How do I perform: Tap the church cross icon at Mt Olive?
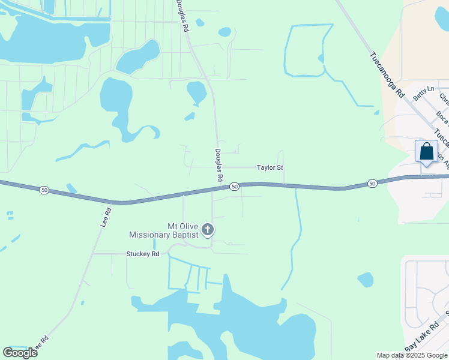pyautogui.click(x=208, y=229)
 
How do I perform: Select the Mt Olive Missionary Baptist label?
pyautogui.click(x=165, y=230)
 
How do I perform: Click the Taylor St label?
pyautogui.click(x=270, y=168)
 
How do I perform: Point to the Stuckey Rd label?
pyautogui.click(x=142, y=254)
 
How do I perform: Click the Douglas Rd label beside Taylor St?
pyautogui.click(x=218, y=166)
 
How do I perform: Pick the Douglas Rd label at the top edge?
pyautogui.click(x=182, y=16)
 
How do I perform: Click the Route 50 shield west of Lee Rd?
pyautogui.click(x=44, y=190)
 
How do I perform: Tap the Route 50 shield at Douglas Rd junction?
pyautogui.click(x=234, y=187)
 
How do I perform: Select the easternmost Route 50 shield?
pyautogui.click(x=372, y=183)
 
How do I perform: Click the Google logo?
pyautogui.click(x=20, y=353)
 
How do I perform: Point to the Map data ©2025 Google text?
pyautogui.click(x=412, y=355)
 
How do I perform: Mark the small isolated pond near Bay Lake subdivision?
pyautogui.click(x=365, y=280)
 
